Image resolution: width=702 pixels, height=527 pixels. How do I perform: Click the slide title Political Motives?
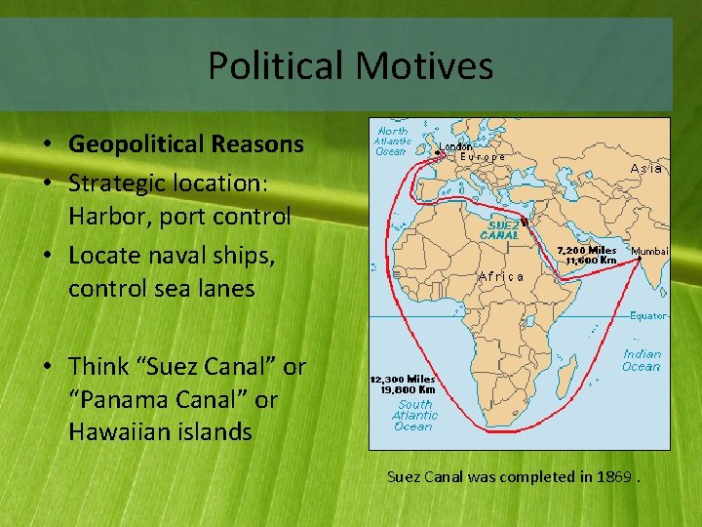350,66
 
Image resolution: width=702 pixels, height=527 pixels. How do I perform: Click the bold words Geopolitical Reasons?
186,144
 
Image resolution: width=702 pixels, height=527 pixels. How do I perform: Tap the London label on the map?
455,146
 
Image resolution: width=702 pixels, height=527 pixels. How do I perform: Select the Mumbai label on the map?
649,251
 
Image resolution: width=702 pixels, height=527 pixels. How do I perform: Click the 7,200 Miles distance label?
587,250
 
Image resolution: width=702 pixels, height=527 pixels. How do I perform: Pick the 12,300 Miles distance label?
402,379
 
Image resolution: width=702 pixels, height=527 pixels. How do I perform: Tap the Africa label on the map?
501,276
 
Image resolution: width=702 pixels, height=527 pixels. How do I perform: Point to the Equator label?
647,315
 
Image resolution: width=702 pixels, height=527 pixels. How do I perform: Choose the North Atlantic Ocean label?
392,141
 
